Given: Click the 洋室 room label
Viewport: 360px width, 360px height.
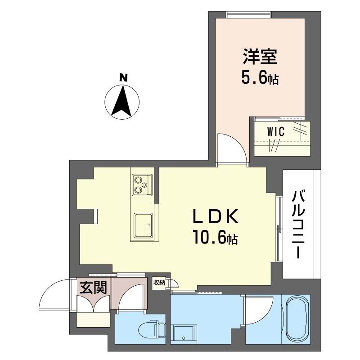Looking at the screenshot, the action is pyautogui.click(x=261, y=56).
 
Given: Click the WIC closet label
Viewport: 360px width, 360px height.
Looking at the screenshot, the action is pyautogui.click(x=276, y=131).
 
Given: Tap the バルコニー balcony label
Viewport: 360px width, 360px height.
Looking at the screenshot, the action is pyautogui.click(x=298, y=224).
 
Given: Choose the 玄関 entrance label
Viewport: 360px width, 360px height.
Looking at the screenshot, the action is pyautogui.click(x=94, y=288).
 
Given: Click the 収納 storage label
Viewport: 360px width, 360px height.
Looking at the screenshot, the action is pyautogui.click(x=159, y=283).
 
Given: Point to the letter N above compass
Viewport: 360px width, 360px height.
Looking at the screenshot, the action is pyautogui.click(x=123, y=78).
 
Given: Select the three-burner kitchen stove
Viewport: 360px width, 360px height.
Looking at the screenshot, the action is pyautogui.click(x=142, y=185).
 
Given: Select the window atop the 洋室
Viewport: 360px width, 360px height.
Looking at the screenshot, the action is pyautogui.click(x=249, y=14).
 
